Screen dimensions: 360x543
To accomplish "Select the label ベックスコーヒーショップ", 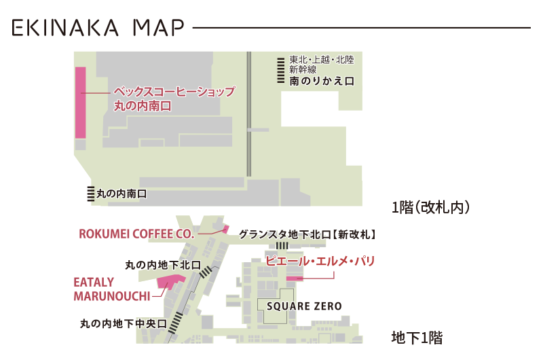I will pyautogui.click(x=174, y=92).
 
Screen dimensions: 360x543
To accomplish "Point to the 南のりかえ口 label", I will pyautogui.click(x=322, y=81).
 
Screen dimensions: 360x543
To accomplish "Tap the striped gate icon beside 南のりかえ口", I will pyautogui.click(x=280, y=70).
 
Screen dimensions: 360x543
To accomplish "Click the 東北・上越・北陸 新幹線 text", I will pyautogui.click(x=321, y=64).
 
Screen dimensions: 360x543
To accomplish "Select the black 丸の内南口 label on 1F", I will pyautogui.click(x=121, y=194).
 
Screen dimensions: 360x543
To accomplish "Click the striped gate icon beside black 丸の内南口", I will pyautogui.click(x=90, y=194).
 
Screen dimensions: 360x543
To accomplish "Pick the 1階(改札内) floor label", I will pyautogui.click(x=431, y=207).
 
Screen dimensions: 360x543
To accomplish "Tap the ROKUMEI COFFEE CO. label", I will pyautogui.click(x=136, y=234).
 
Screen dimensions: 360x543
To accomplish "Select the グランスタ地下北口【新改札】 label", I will pyautogui.click(x=307, y=234).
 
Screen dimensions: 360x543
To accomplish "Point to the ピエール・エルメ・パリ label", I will pyautogui.click(x=320, y=260).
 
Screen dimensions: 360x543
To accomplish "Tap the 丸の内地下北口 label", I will pyautogui.click(x=163, y=265).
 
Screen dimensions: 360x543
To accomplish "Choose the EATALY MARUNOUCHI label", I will pyautogui.click(x=111, y=289).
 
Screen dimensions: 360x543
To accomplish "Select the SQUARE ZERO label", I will pyautogui.click(x=304, y=306).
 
